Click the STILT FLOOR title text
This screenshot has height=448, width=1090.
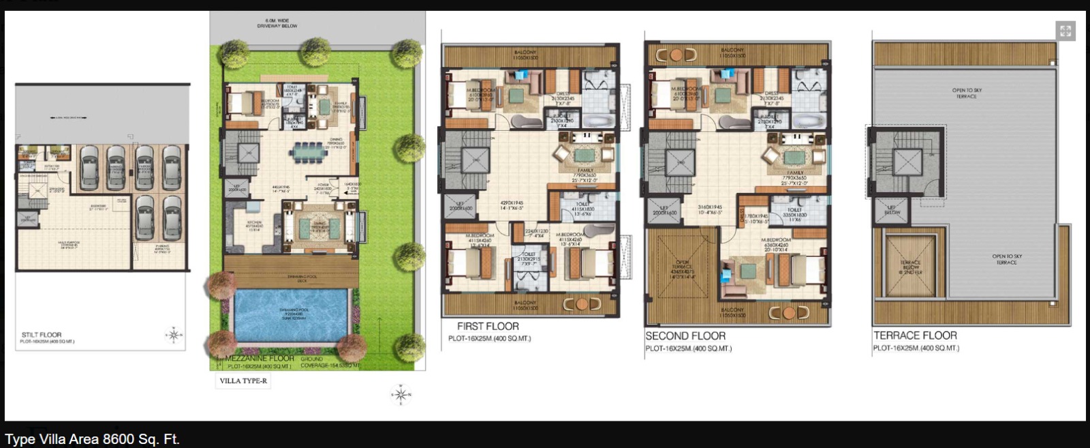42,335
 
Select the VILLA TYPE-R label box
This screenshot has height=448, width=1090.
243,381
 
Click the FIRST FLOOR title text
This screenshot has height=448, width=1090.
488,327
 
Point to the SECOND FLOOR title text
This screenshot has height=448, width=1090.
685,336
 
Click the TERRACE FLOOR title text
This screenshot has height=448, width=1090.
915,335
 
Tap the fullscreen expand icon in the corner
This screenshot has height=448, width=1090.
1065,31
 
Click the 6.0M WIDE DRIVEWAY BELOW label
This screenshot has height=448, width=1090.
277,24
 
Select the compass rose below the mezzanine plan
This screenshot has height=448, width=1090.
401,394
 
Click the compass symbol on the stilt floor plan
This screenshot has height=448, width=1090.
174,335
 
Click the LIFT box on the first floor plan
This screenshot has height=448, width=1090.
461,207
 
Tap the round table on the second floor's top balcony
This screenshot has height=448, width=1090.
676,55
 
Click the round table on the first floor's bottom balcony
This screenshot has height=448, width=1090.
581,304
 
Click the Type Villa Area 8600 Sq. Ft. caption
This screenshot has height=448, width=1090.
92,439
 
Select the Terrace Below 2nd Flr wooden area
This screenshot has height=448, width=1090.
910,266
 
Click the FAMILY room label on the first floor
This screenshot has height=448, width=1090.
585,171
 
